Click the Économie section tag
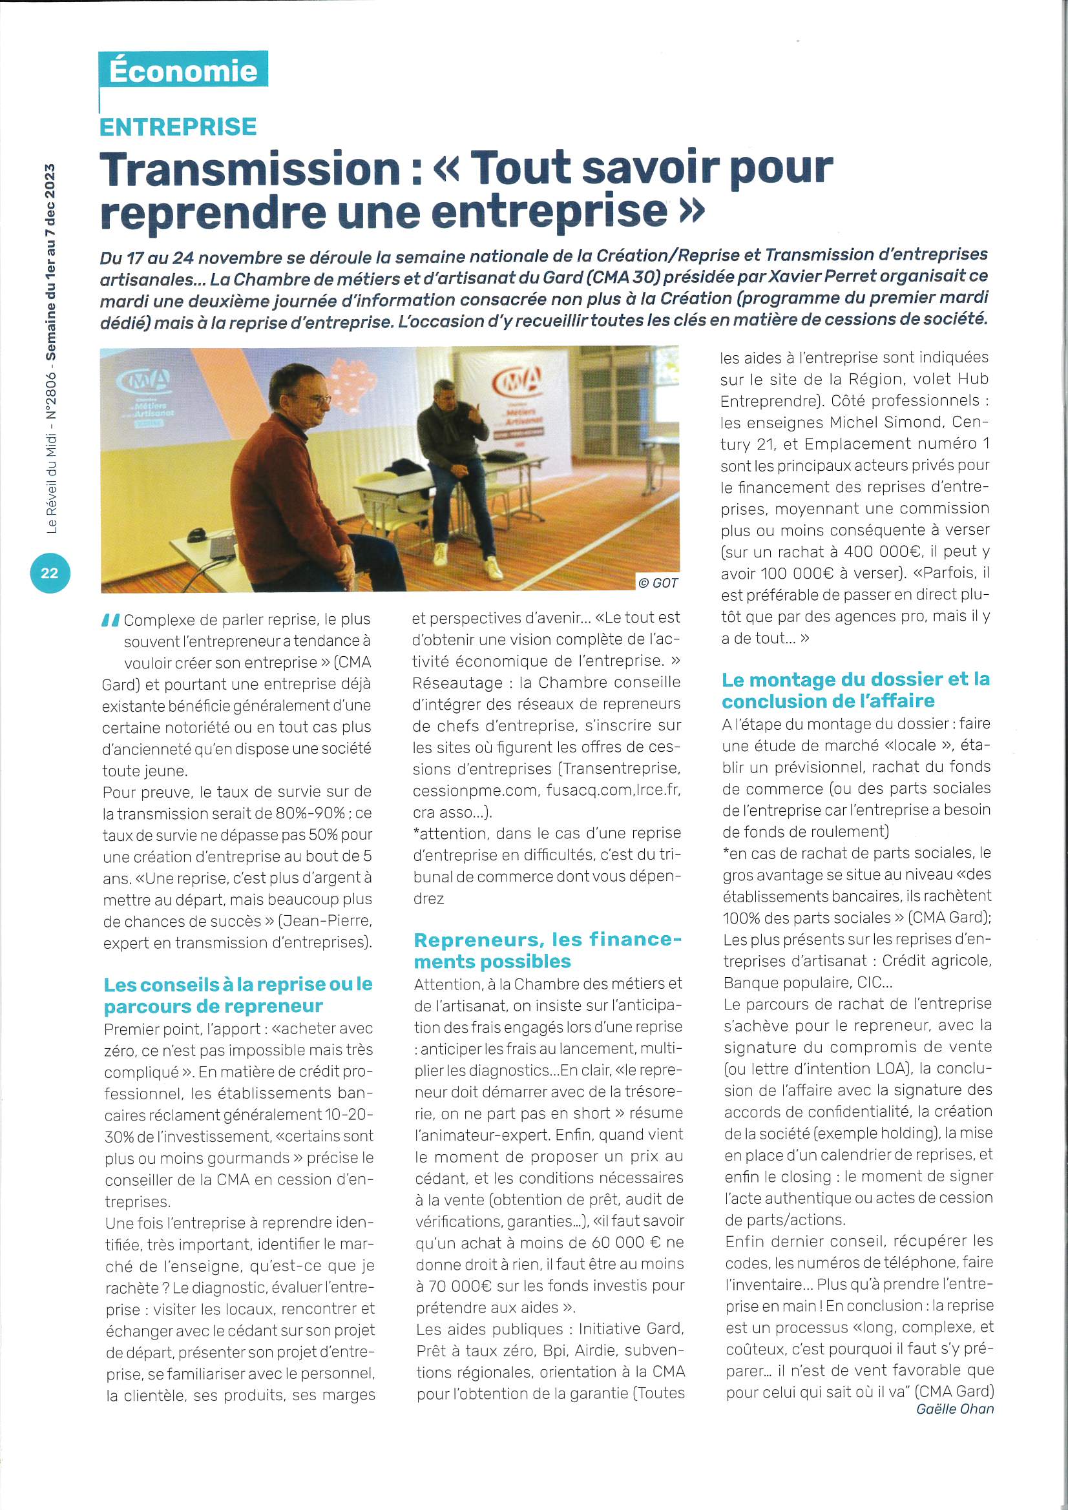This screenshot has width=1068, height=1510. [183, 70]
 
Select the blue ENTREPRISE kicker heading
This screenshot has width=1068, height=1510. [178, 127]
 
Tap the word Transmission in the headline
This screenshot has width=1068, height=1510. [251, 169]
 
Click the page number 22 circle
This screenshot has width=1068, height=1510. [49, 573]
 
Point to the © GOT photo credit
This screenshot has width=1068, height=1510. [657, 583]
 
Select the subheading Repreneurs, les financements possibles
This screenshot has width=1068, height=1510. [547, 949]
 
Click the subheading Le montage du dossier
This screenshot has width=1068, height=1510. [855, 689]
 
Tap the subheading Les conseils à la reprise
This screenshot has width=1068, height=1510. [238, 995]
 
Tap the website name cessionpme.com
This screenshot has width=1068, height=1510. [475, 790]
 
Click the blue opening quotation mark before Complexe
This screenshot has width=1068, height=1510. [110, 619]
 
